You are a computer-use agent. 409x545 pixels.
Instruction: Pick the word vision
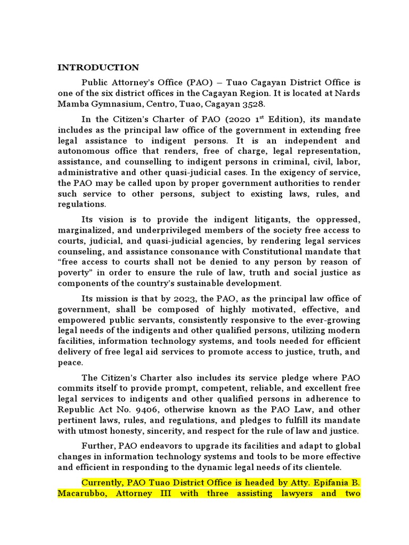[x=111, y=220]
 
